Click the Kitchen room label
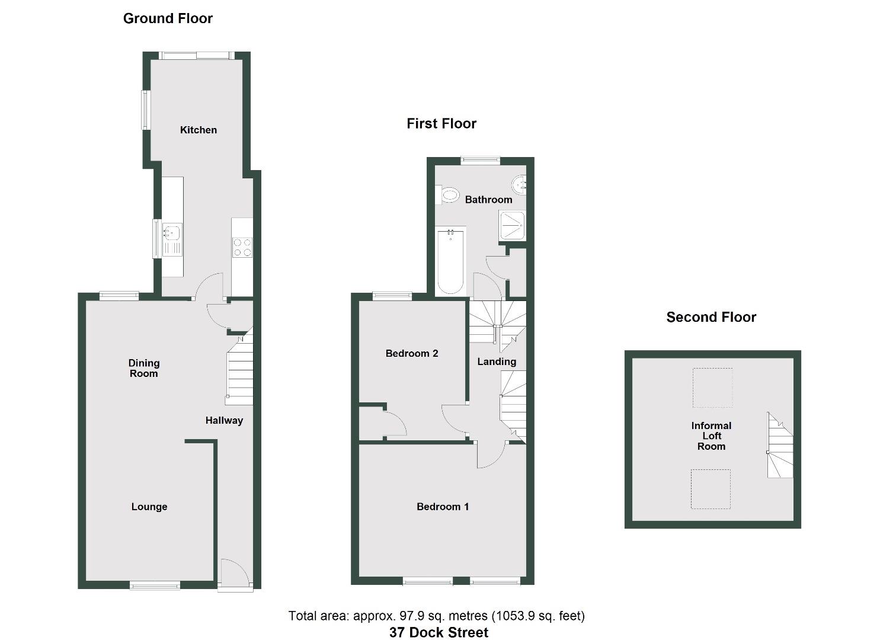(x=198, y=130)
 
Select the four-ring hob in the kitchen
(x=242, y=247)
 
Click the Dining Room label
(x=144, y=368)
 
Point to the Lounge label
(x=149, y=507)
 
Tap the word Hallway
(x=224, y=420)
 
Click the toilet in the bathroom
(x=449, y=195)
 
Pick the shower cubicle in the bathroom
(x=512, y=225)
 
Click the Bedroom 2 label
(x=412, y=353)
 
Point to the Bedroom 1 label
(x=443, y=507)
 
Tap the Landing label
(x=497, y=361)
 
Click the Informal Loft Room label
(x=711, y=436)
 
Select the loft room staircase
(x=780, y=446)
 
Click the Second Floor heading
(x=711, y=317)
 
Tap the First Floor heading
(x=441, y=123)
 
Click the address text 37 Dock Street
(x=439, y=632)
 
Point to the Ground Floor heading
(x=168, y=18)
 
